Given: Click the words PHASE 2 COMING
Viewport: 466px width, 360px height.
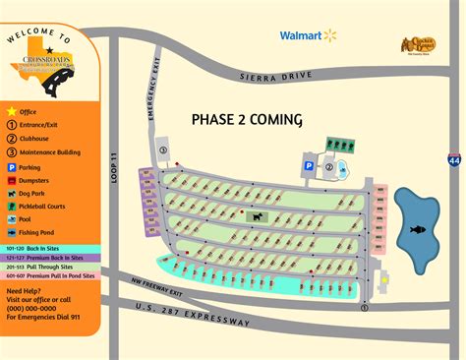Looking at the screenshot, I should click(x=246, y=119).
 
